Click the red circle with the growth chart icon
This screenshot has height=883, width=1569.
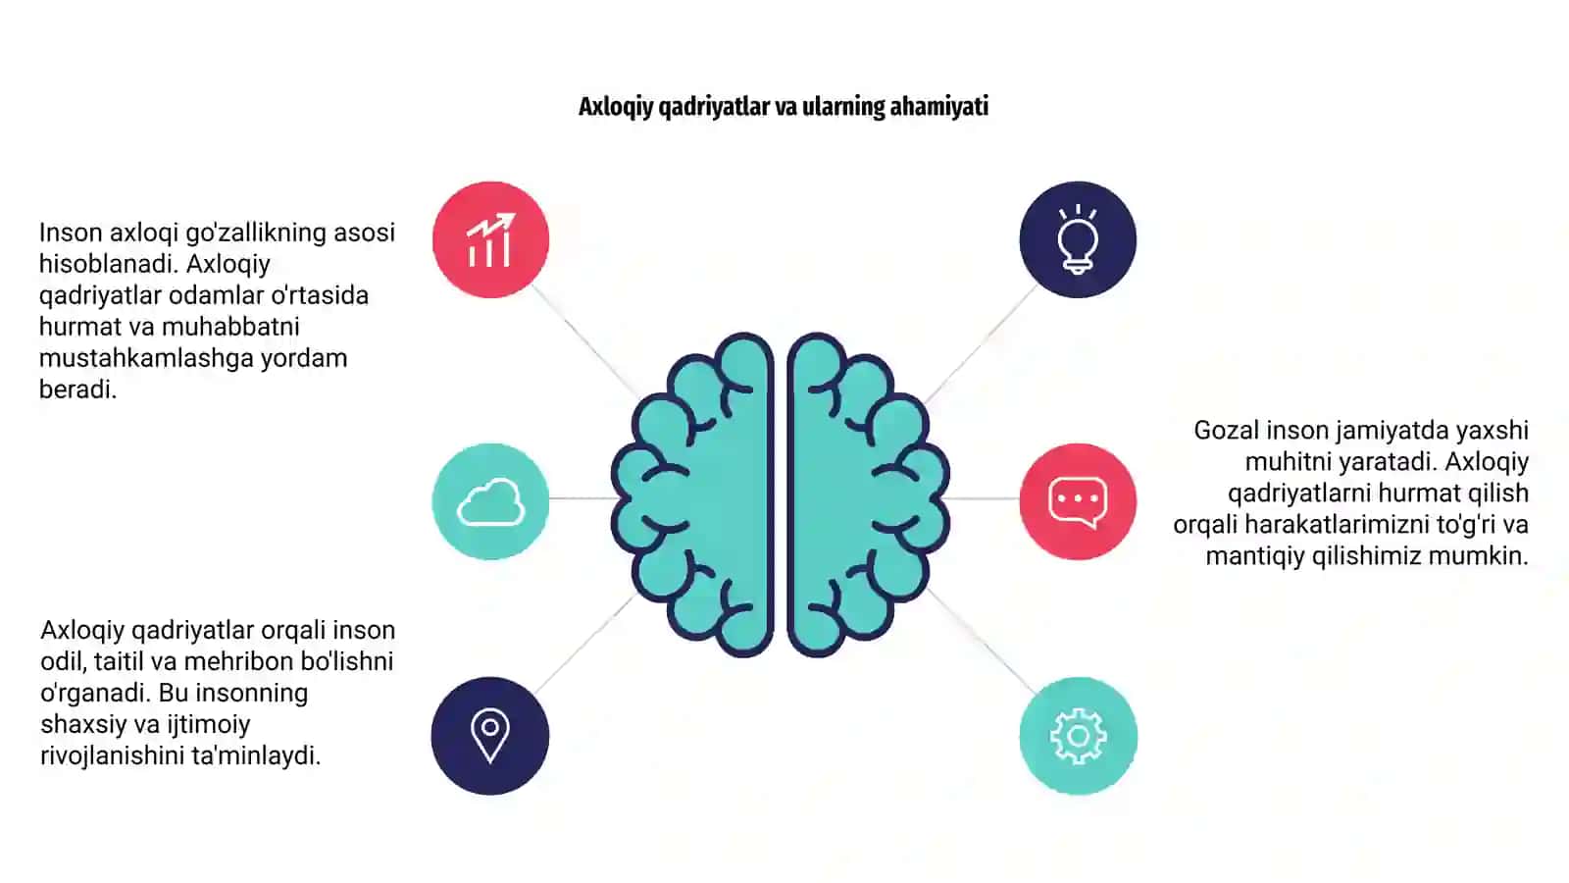(x=490, y=239)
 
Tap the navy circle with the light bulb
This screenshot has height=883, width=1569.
(x=1078, y=239)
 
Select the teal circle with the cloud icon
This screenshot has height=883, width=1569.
(x=490, y=501)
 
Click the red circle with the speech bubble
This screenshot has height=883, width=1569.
(x=1078, y=501)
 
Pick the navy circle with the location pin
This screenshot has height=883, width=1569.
(x=490, y=736)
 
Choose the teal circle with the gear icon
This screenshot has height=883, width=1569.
(x=1078, y=736)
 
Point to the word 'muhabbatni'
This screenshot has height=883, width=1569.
(x=230, y=327)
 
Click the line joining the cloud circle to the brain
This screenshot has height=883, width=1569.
(x=582, y=498)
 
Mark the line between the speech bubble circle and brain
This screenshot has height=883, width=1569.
(x=983, y=498)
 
